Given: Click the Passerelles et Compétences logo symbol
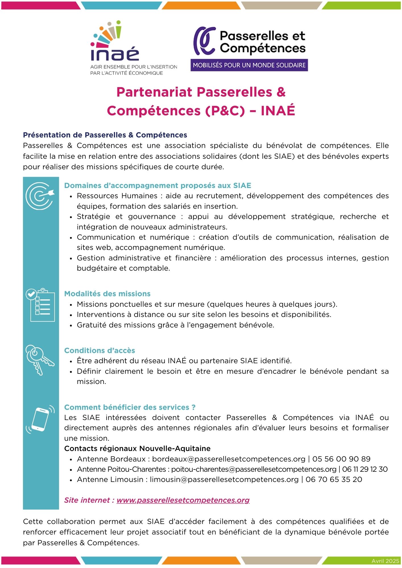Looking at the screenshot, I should (x=204, y=41).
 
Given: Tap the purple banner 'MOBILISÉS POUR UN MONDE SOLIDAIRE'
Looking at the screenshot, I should (x=249, y=65).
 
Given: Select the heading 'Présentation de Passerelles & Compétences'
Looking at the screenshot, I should (x=105, y=135).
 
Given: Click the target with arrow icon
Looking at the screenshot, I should (x=40, y=196).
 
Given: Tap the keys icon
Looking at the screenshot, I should (x=39, y=360).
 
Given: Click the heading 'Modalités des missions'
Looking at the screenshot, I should (x=107, y=294).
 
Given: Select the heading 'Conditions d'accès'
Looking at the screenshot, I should (x=100, y=350).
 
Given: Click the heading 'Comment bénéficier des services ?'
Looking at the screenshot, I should (x=130, y=407).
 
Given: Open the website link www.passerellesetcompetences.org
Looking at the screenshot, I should (x=183, y=500).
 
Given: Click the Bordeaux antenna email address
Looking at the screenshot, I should (x=229, y=459).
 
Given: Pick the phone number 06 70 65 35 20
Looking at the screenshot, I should (x=334, y=479).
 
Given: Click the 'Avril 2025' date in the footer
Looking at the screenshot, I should (x=385, y=561).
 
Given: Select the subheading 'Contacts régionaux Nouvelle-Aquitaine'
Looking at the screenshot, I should (x=137, y=448).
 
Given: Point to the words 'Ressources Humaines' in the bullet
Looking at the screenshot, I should (x=117, y=196).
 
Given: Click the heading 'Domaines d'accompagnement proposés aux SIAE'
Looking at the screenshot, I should (x=158, y=185).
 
